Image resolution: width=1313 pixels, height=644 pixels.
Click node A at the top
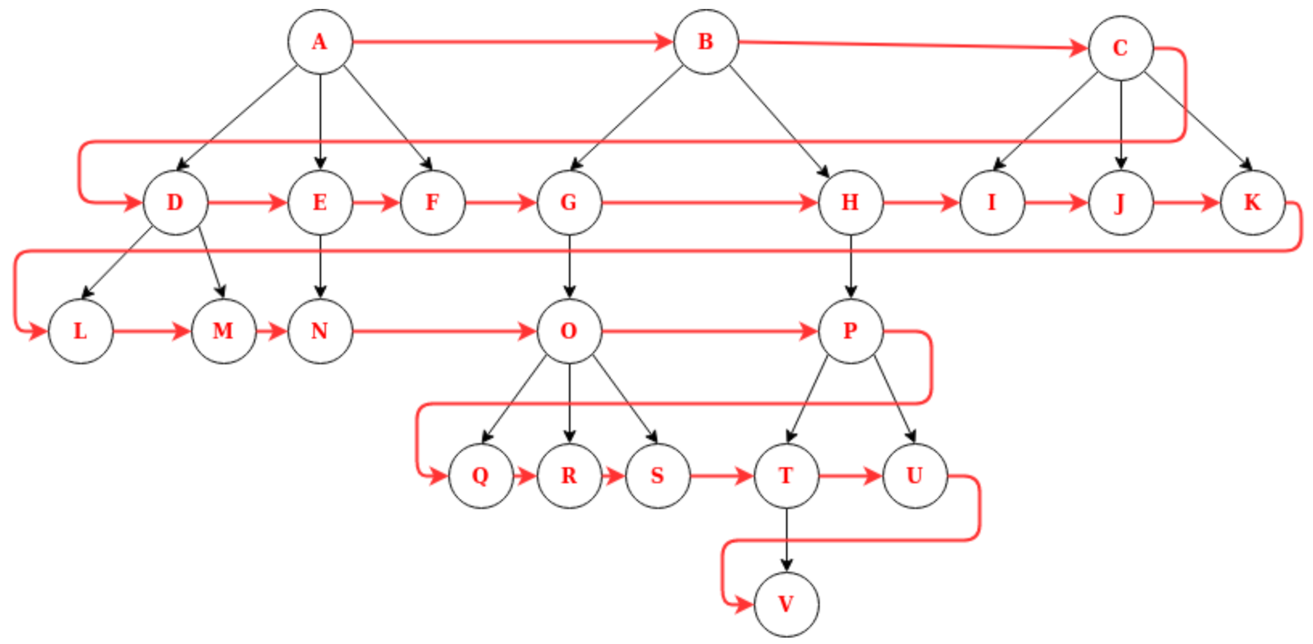[x=320, y=42]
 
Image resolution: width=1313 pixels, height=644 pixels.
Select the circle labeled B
[x=706, y=42]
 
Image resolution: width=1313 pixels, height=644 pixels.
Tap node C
[x=1120, y=48]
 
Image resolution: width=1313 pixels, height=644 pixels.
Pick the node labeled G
[x=569, y=203]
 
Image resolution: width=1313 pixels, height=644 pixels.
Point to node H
[x=851, y=203]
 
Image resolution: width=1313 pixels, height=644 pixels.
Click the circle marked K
[x=1253, y=203]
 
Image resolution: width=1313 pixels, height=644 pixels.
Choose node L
[x=81, y=331]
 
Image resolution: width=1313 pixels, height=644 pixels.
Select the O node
[x=569, y=331]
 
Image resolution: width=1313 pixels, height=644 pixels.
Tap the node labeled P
[x=851, y=331]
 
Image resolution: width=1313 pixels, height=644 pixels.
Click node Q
[x=481, y=476]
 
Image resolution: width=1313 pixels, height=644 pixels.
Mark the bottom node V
[x=786, y=604]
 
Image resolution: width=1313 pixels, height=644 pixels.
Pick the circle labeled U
[x=914, y=476]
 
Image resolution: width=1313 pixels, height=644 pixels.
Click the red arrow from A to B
[x=512, y=42]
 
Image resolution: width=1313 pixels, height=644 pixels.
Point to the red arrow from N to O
[x=445, y=331]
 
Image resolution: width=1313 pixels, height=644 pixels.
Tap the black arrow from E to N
[x=320, y=266]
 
